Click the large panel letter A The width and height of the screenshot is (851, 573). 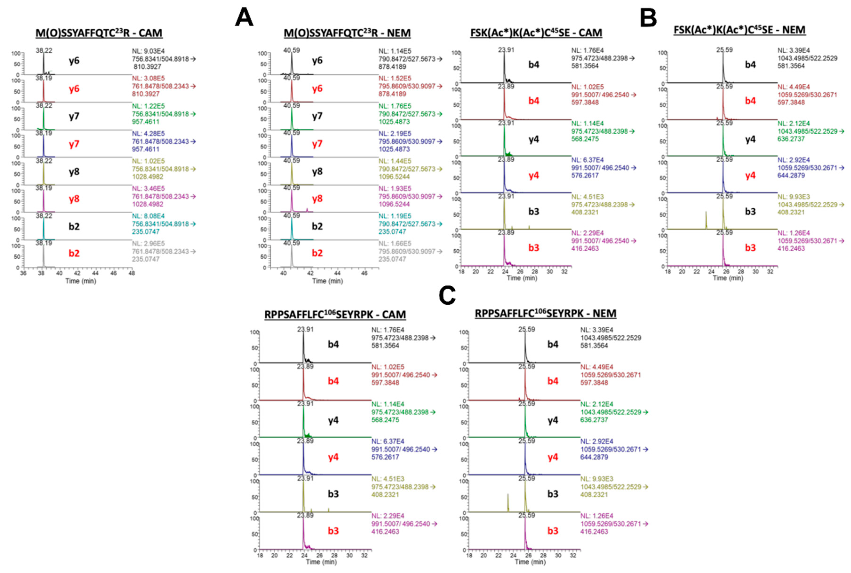pyautogui.click(x=244, y=18)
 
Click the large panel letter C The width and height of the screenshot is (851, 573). pyautogui.click(x=447, y=295)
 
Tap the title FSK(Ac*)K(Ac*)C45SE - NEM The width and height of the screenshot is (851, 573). pyautogui.click(x=739, y=30)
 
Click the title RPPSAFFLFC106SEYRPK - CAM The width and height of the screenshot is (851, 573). pyautogui.click(x=335, y=315)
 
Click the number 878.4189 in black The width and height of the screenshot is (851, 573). pyautogui.click(x=392, y=67)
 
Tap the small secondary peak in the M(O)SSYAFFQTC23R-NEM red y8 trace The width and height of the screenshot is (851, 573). pyautogui.click(x=307, y=210)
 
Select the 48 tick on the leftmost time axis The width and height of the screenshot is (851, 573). pyautogui.click(x=131, y=273)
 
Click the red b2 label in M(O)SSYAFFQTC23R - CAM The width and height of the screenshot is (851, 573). pyautogui.click(x=74, y=253)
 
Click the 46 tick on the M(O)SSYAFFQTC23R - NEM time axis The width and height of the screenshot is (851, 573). pyautogui.click(x=364, y=273)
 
